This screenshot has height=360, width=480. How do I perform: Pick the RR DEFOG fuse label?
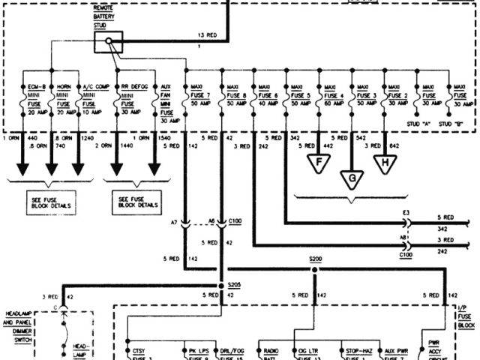135,86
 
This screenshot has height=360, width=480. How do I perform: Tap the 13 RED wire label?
208,35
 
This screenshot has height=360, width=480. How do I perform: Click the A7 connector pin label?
175,222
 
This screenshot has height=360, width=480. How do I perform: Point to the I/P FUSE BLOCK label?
466,317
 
